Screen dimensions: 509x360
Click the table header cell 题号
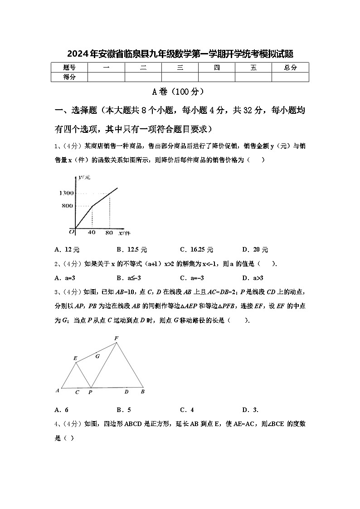click(69, 68)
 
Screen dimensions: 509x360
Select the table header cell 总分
click(290, 68)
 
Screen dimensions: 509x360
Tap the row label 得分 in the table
click(69, 77)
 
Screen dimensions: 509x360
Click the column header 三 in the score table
click(180, 68)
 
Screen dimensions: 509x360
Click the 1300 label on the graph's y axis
click(66, 194)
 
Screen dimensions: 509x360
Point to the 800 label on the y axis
click(68, 206)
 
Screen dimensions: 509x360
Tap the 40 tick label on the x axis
click(92, 233)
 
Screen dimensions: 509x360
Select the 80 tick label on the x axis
click(109, 233)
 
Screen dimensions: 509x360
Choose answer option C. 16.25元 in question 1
click(196, 250)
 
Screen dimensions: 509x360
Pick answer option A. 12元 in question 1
click(67, 250)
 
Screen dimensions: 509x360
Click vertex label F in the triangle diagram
click(117, 338)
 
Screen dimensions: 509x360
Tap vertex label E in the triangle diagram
click(75, 358)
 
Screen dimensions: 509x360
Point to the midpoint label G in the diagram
click(97, 357)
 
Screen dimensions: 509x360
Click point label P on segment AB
click(90, 392)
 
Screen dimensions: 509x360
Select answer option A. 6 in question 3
click(62, 410)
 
